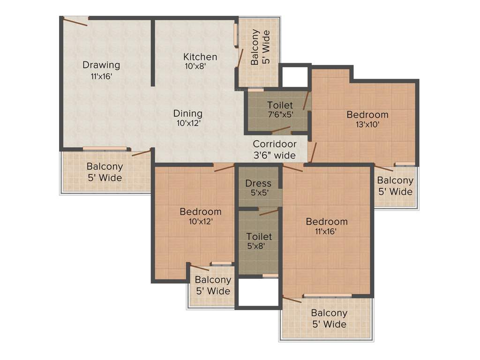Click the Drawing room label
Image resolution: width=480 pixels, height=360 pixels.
point(101,65)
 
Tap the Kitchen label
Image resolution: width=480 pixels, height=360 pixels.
point(200,57)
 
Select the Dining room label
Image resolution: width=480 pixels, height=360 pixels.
point(187,113)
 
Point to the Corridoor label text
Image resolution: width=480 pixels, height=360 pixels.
point(275,144)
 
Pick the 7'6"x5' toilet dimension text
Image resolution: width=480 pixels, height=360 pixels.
point(280,114)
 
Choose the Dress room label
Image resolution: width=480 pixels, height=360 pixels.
point(258,183)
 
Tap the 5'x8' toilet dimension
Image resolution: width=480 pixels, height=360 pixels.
point(256,246)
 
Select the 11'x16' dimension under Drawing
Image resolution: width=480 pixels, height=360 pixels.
point(101,76)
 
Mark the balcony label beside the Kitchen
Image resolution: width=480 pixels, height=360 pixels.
point(260,47)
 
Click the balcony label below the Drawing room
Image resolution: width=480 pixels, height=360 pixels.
point(105,172)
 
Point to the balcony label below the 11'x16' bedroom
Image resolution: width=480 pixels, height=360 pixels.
point(329,318)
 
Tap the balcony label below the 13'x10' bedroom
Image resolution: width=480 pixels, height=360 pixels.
point(395,186)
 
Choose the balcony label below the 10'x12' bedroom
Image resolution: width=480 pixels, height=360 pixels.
point(213,285)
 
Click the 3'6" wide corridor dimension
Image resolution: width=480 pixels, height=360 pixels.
point(274,155)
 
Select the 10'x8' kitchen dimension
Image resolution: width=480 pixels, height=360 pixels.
point(195,67)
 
